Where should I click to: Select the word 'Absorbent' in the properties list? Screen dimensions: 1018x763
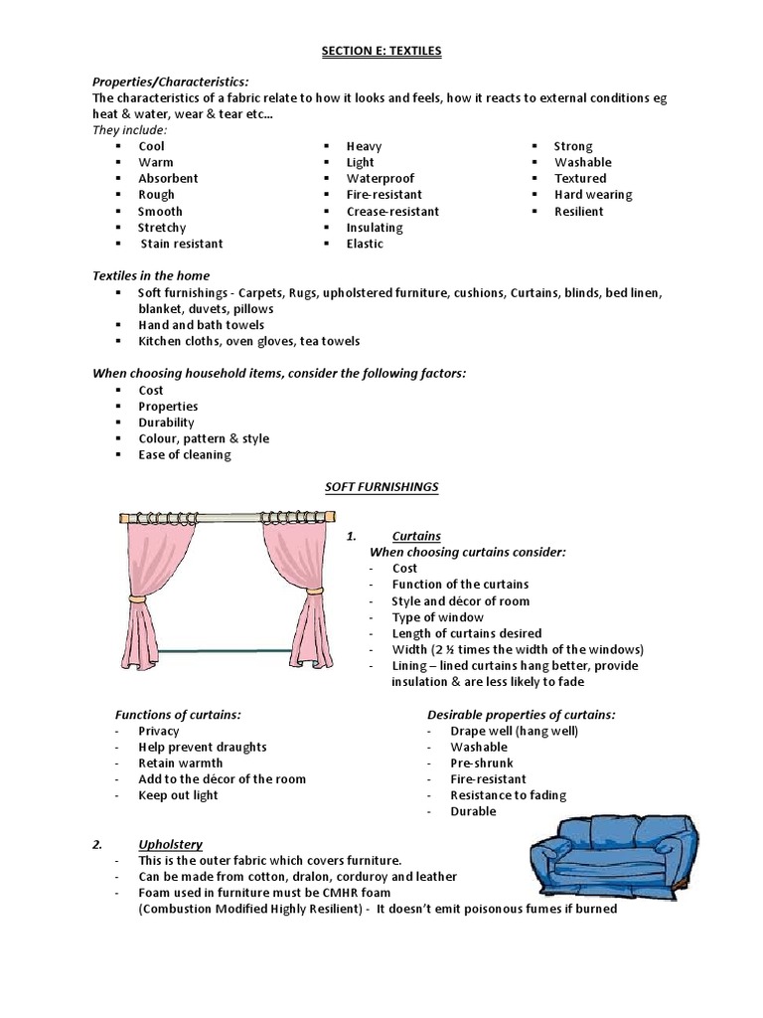[168, 179]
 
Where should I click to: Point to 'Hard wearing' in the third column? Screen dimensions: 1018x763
[593, 195]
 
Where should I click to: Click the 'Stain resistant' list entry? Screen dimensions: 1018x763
[181, 244]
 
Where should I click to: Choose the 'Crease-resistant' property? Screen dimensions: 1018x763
[392, 212]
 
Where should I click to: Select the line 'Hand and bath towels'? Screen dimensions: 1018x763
[201, 325]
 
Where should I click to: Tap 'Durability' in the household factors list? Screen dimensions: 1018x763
[166, 423]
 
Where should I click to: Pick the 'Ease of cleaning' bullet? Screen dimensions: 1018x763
[184, 455]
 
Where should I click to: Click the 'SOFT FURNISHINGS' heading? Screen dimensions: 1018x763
[381, 487]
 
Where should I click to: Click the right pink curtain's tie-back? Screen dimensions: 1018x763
[314, 591]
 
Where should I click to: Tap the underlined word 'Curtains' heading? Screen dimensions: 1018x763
[416, 537]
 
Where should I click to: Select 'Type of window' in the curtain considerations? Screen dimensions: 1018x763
[438, 617]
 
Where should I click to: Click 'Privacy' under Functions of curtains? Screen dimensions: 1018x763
[159, 731]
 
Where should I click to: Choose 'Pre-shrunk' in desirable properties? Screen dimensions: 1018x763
[482, 763]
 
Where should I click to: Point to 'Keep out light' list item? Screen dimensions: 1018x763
[178, 795]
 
